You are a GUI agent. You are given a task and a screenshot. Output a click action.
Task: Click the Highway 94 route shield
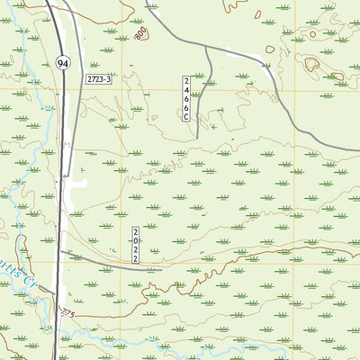pyautogui.click(x=61, y=63)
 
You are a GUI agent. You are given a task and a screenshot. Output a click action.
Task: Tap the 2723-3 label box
pyautogui.click(x=99, y=80)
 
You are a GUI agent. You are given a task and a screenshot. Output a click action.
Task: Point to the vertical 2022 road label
pyautogui.click(x=135, y=245)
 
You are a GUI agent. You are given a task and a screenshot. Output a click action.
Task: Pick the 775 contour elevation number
pyautogui.click(x=66, y=311)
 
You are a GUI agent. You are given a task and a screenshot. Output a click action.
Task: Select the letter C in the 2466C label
pyautogui.click(x=187, y=117)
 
